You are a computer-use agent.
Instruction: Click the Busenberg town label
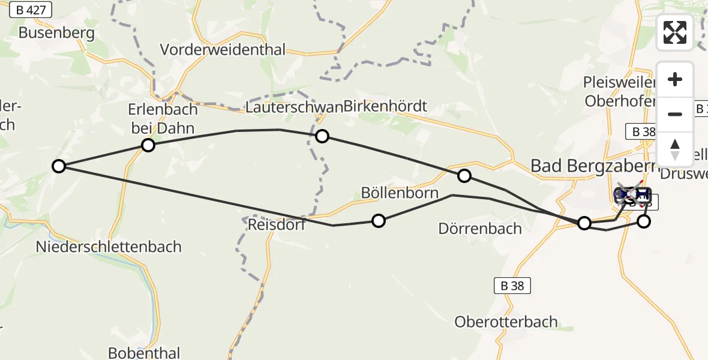56,32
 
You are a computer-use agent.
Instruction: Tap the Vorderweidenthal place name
223,50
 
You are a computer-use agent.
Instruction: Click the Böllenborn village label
400,193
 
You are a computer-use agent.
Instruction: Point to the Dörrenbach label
480,229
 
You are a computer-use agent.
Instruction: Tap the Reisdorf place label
277,225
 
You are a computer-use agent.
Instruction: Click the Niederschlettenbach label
109,247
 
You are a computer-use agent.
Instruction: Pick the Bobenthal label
144,352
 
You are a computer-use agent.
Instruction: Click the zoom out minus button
675,114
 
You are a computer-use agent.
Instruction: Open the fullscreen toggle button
675,32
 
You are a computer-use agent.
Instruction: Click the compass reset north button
675,149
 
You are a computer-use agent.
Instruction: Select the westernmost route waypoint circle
58,166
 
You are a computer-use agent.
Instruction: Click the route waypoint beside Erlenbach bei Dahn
148,145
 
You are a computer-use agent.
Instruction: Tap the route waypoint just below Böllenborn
378,221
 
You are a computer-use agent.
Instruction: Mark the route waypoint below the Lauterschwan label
322,136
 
